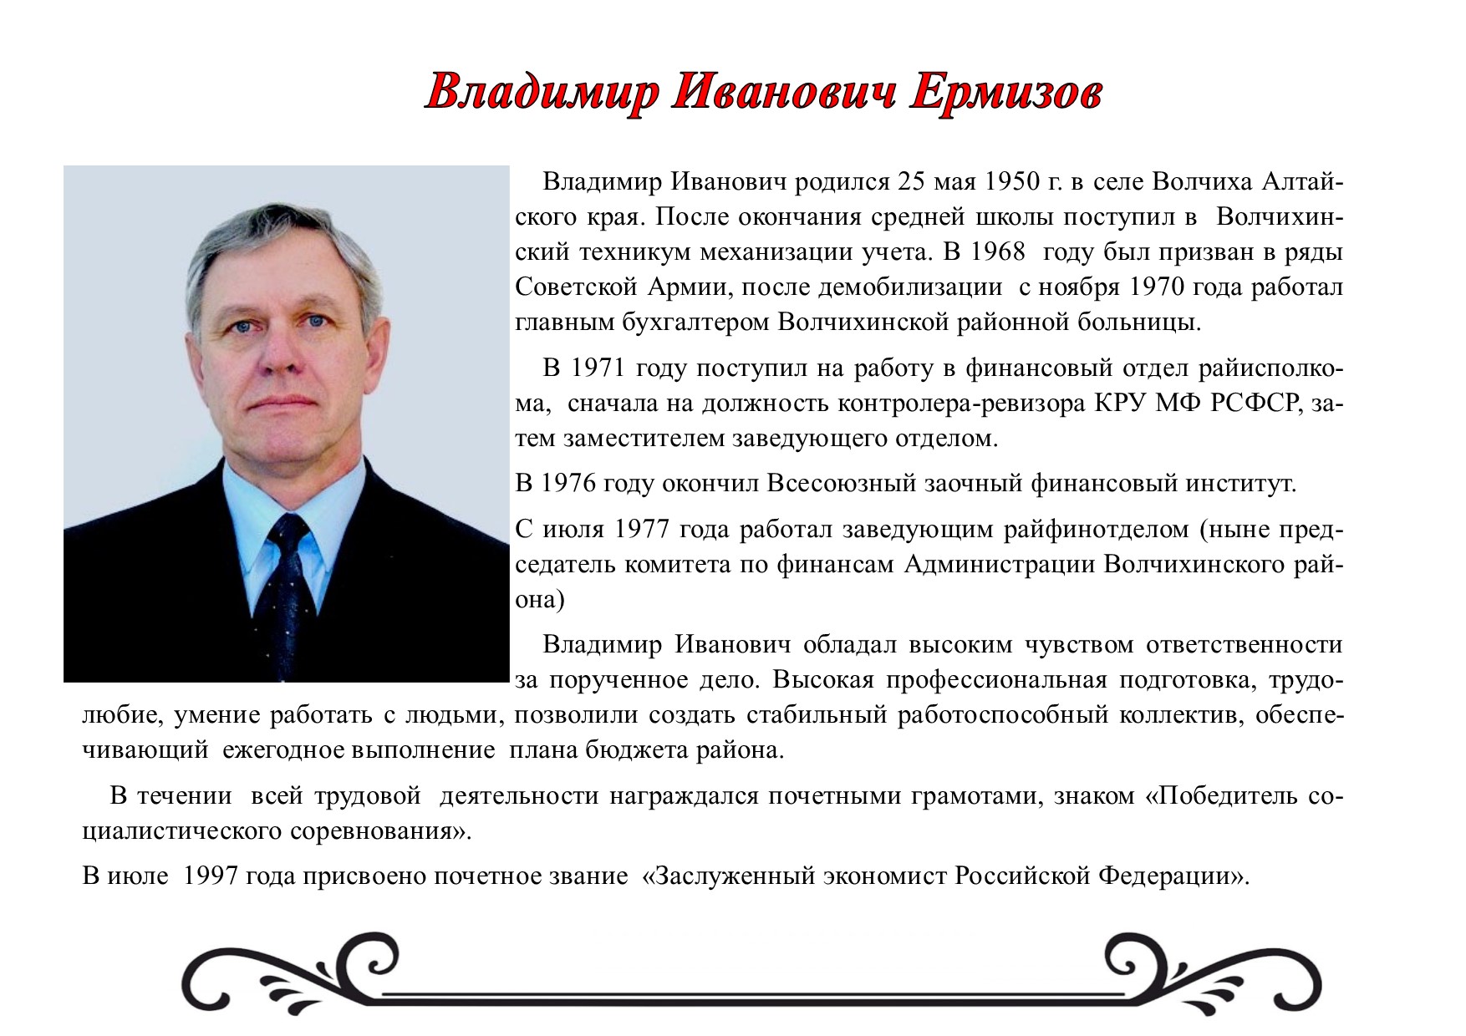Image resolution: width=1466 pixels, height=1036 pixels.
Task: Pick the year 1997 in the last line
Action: click(x=211, y=876)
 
